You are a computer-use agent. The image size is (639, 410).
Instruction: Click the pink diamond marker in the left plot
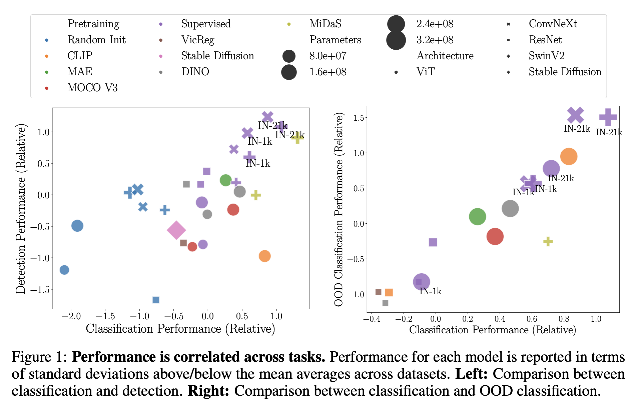176,230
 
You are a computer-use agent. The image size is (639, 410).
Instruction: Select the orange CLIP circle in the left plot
264,256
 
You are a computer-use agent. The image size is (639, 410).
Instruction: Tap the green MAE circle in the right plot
477,217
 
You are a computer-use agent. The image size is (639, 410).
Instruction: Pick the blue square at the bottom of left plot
156,300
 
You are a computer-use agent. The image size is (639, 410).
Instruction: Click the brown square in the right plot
378,292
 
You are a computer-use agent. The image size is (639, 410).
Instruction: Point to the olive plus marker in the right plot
548,241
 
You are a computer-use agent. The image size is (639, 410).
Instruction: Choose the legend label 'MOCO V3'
92,88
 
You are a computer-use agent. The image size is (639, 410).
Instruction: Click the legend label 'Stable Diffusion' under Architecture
565,72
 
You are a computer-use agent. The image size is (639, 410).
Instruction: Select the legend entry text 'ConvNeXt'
553,24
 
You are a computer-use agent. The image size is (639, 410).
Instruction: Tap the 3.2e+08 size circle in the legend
396,40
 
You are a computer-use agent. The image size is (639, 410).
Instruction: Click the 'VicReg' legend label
197,40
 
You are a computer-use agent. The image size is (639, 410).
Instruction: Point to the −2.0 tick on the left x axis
71,316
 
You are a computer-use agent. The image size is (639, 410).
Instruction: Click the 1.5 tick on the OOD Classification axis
359,118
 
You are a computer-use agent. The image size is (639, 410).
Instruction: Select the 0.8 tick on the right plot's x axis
564,319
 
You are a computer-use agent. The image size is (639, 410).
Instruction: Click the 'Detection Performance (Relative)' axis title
21,209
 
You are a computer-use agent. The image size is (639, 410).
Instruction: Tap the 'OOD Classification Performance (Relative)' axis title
339,209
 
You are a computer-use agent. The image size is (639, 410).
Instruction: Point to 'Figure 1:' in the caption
39,357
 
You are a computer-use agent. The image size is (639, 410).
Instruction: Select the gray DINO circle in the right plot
510,209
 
